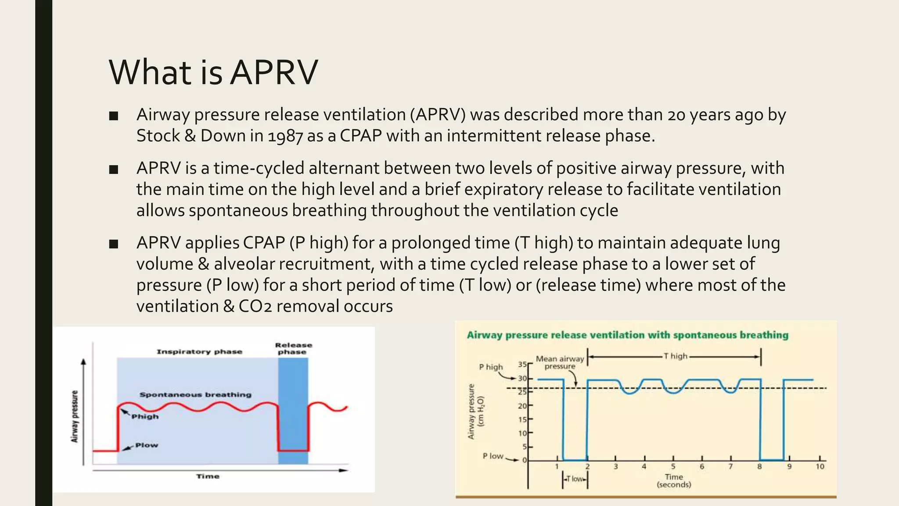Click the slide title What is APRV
click(x=213, y=72)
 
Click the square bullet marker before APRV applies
click(x=114, y=244)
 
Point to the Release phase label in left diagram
click(x=293, y=348)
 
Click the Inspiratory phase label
click(x=199, y=351)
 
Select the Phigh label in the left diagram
click(x=145, y=416)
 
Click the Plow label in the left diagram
click(x=146, y=445)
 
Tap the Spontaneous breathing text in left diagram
click(x=195, y=394)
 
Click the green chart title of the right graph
click(x=627, y=335)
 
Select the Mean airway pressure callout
click(x=560, y=362)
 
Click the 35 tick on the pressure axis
click(x=522, y=364)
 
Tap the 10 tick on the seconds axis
click(x=820, y=466)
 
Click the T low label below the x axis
click(x=575, y=479)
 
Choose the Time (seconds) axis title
click(x=674, y=481)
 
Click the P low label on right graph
click(x=493, y=456)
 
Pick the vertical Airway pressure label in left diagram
click(x=75, y=416)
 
